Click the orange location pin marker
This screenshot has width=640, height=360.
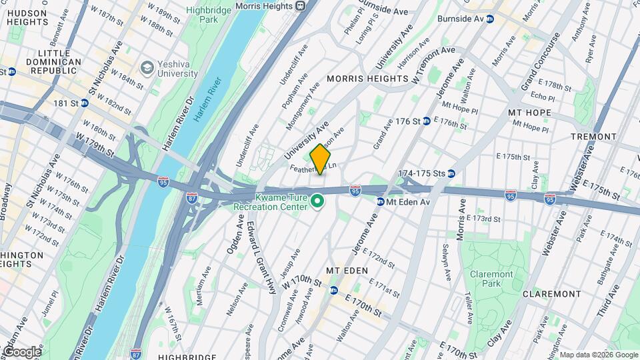pyautogui.click(x=321, y=159)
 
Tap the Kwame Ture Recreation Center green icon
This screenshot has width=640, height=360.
pyautogui.click(x=319, y=201)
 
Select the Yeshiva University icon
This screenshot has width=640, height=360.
pyautogui.click(x=146, y=67)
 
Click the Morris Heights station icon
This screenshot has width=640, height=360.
pyautogui.click(x=301, y=6)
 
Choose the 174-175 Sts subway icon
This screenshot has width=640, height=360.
pyautogui.click(x=451, y=173)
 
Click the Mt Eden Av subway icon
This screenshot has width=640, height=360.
pyautogui.click(x=381, y=201)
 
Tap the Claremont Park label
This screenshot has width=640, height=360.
pyautogui.click(x=491, y=279)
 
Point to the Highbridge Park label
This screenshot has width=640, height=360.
pyautogui.click(x=203, y=15)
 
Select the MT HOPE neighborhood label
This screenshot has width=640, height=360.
pyautogui.click(x=527, y=113)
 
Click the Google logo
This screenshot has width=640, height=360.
pyautogui.click(x=21, y=351)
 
